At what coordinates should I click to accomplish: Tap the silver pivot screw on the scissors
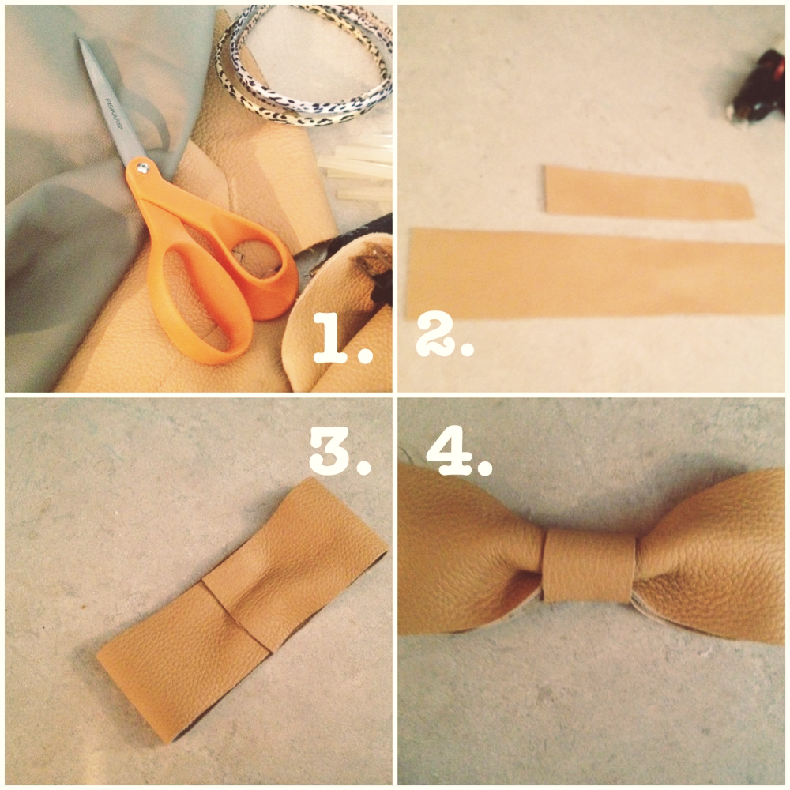142,167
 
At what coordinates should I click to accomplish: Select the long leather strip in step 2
592,273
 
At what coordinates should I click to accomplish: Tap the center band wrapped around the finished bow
589,565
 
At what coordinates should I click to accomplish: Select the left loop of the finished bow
466,553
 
